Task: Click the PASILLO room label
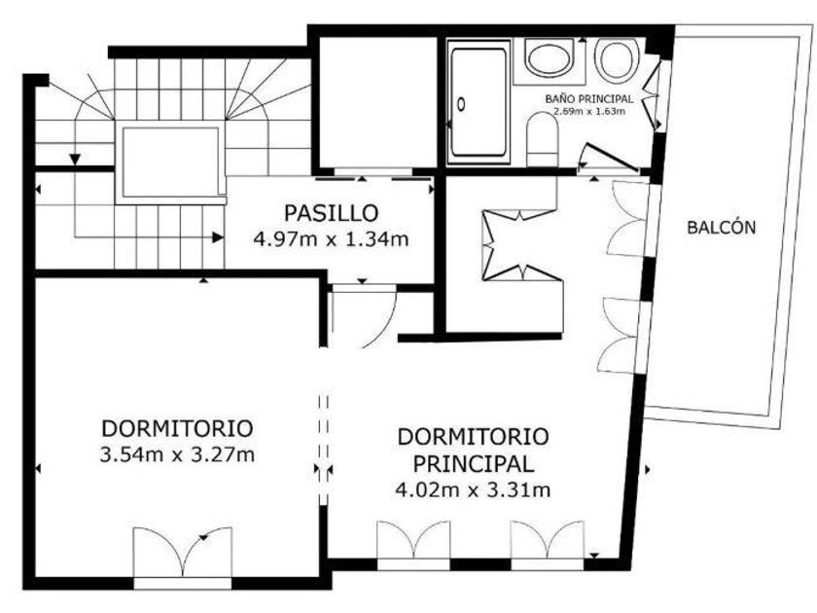(332, 213)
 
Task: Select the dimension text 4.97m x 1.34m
(332, 239)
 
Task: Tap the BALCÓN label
(721, 228)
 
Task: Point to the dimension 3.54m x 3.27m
(177, 454)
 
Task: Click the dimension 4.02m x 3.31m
(473, 490)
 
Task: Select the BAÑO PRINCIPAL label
(589, 98)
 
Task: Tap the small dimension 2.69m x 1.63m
(589, 111)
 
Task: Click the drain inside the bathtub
(461, 105)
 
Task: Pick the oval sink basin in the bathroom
(549, 58)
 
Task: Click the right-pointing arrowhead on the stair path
(218, 237)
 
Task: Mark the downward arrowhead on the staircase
(75, 159)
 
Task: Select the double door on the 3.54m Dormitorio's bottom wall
(183, 554)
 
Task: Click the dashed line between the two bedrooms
(324, 450)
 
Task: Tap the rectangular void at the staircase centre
(171, 162)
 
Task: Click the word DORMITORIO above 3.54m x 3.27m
(177, 428)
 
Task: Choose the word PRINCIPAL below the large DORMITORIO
(473, 464)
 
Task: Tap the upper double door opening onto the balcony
(629, 219)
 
